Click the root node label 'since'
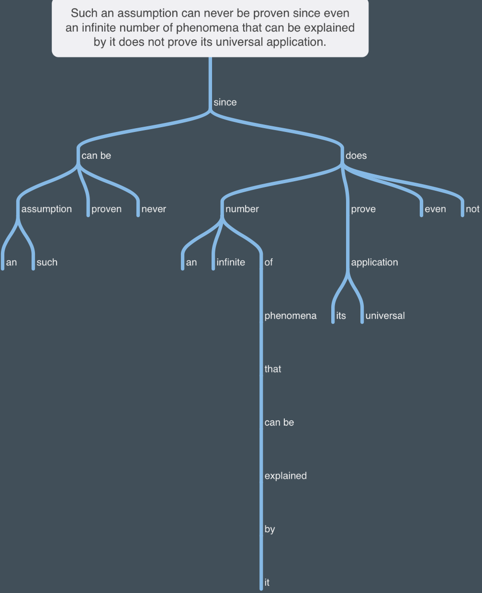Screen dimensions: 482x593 [x=225, y=102]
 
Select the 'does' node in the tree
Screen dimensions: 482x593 [x=356, y=155]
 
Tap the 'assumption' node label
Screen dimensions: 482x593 [x=46, y=209]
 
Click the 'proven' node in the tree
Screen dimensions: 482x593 [x=106, y=209]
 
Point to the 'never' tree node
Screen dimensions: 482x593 [x=154, y=209]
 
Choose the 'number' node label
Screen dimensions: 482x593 [x=242, y=209]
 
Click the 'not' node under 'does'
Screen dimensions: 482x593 [x=472, y=209]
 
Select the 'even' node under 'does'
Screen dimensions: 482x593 [x=435, y=209]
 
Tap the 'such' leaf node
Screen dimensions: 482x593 [x=47, y=262]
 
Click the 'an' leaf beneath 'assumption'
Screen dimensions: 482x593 [x=11, y=263]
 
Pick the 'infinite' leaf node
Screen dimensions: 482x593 [x=231, y=262]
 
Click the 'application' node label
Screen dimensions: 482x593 [x=374, y=262]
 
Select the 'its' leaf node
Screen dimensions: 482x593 [x=341, y=316]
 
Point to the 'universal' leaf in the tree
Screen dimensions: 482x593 [x=385, y=316]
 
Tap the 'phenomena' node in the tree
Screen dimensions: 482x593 [x=291, y=316]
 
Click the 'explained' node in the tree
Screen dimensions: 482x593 [x=286, y=476]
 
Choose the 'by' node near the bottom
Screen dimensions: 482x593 [x=269, y=529]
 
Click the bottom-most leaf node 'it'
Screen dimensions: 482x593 [x=267, y=582]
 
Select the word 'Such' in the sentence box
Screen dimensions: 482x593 [x=84, y=13]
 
